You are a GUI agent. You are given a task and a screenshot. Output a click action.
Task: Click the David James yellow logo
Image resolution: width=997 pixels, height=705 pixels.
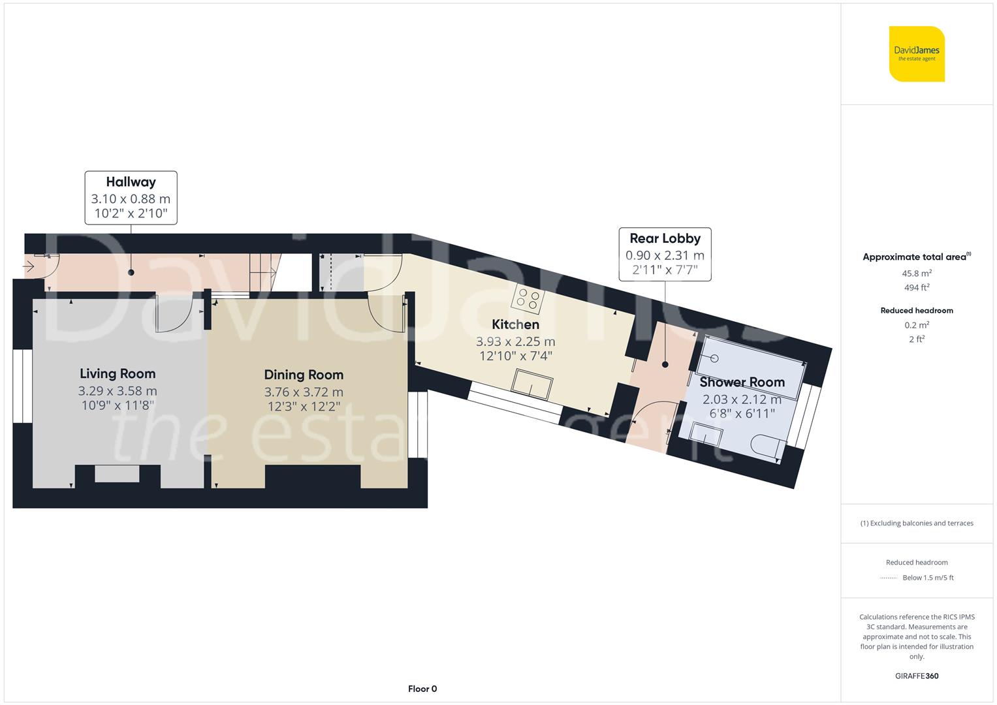(917, 54)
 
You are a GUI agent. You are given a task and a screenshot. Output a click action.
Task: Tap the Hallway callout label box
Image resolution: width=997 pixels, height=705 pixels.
(131, 198)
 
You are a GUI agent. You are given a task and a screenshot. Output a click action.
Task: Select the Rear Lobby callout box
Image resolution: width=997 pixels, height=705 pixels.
(665, 254)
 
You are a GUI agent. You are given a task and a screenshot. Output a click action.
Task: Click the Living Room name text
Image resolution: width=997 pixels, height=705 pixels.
(118, 373)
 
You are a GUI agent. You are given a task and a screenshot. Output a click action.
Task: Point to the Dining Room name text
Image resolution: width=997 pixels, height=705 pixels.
(304, 375)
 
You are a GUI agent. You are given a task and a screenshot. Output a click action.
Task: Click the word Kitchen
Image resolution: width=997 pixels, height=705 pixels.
(515, 324)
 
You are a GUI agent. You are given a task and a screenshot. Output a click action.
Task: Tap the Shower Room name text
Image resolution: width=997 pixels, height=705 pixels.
(742, 382)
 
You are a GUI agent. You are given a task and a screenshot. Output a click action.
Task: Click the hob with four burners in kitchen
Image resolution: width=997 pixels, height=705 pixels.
(528, 299)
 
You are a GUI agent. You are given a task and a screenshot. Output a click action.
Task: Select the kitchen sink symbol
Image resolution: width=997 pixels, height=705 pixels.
(532, 384)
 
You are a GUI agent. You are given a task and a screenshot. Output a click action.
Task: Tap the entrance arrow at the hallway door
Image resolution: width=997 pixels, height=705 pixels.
(29, 266)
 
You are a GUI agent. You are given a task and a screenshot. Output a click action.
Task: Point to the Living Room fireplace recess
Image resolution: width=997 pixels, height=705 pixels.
(117, 473)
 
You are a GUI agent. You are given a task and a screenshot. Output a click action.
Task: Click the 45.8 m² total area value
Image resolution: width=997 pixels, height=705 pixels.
(917, 274)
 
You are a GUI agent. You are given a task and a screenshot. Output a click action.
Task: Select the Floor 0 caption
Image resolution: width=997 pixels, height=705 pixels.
(422, 689)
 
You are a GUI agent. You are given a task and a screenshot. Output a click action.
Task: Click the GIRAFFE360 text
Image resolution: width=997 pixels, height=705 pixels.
(917, 676)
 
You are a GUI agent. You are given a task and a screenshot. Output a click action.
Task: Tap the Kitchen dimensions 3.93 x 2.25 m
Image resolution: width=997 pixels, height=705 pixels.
(515, 341)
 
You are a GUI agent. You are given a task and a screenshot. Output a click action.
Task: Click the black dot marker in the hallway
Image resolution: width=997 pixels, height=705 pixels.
(131, 272)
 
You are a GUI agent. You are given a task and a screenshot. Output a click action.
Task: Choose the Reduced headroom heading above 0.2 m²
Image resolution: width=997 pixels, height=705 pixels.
(917, 310)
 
